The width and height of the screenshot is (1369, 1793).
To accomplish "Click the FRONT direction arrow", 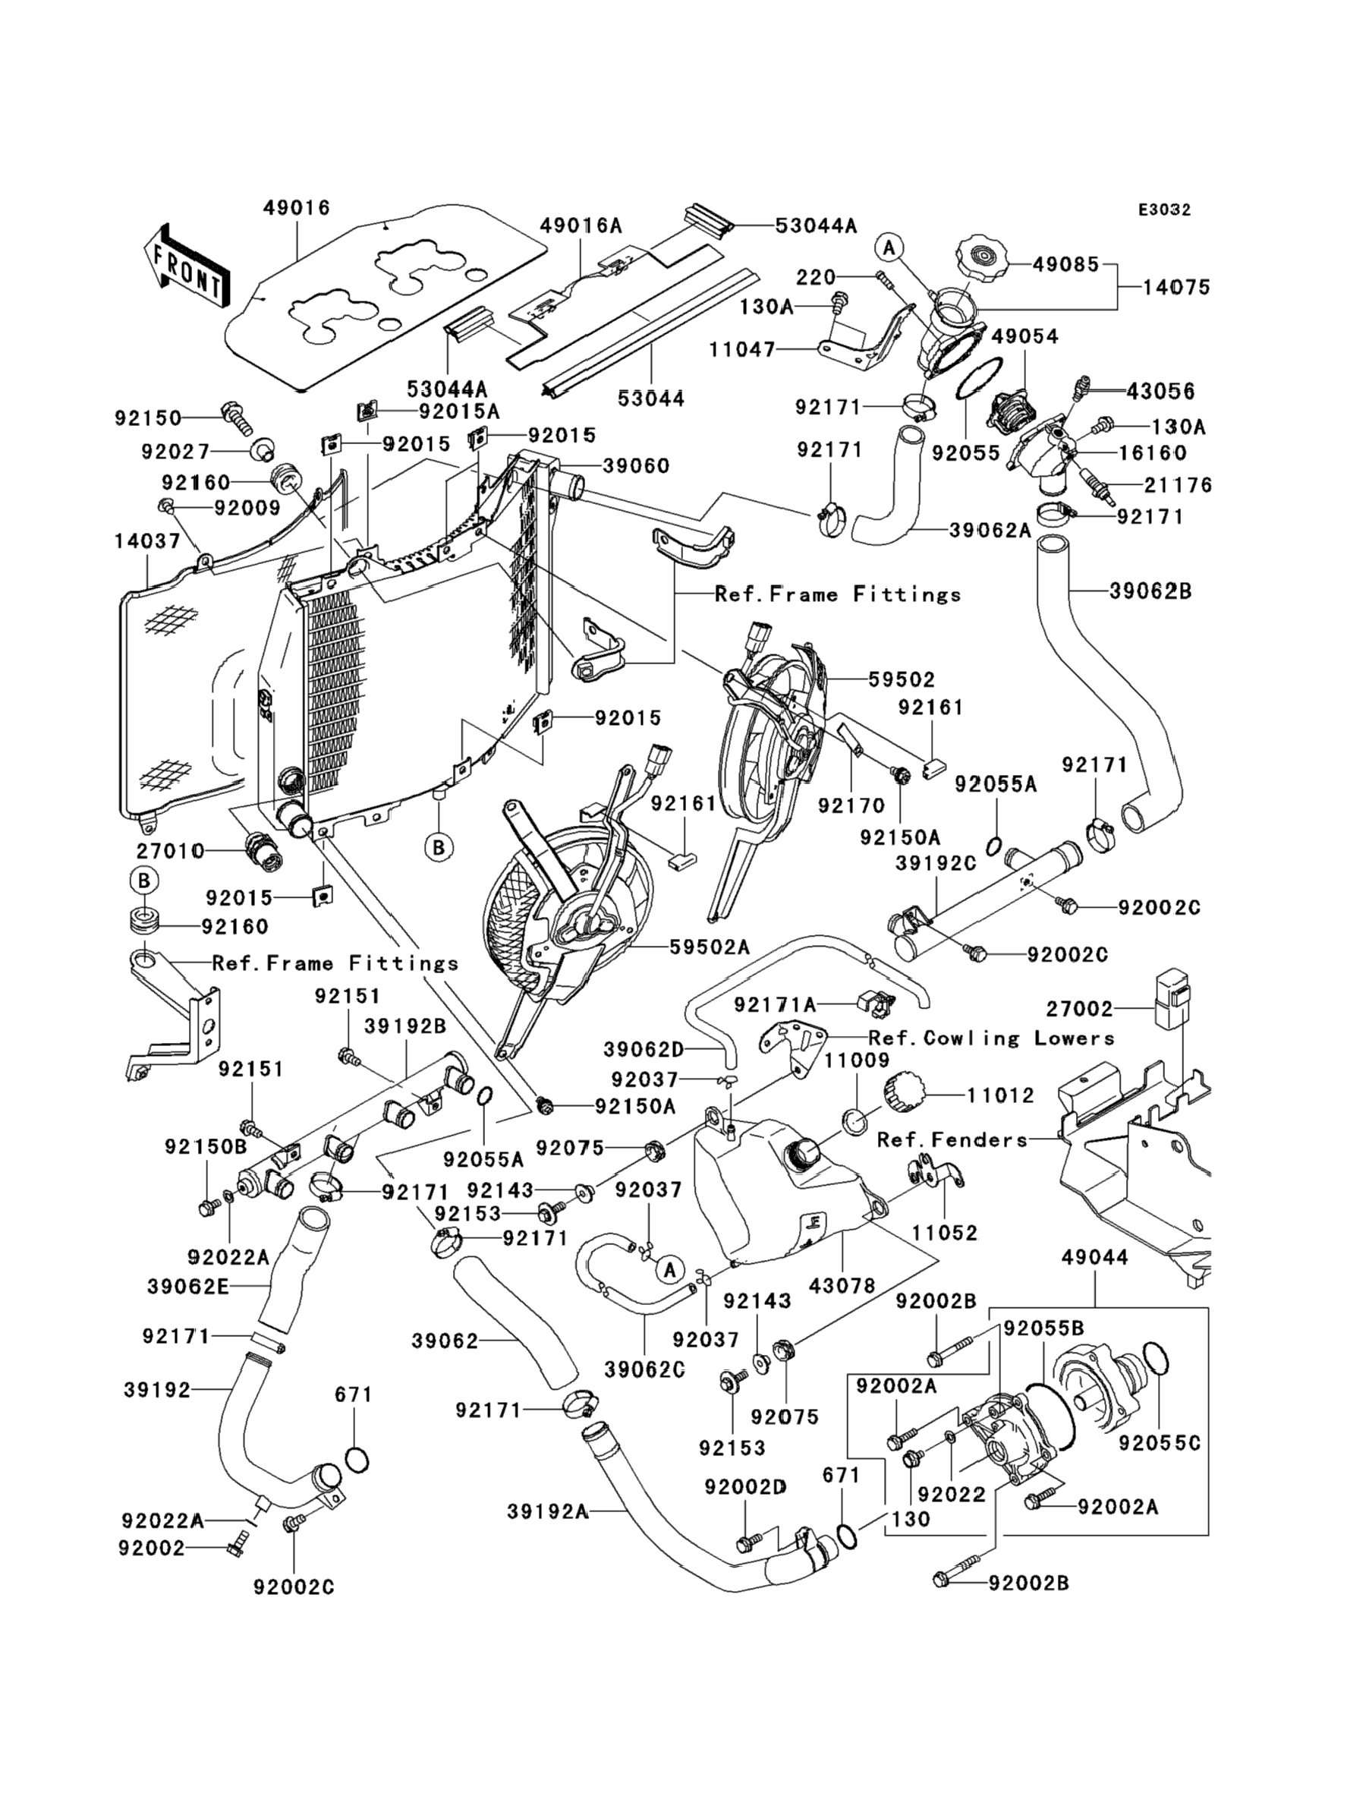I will click(x=187, y=267).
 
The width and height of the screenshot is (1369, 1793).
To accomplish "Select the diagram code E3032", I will click(x=1164, y=210).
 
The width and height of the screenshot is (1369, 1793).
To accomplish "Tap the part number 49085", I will click(x=1066, y=265).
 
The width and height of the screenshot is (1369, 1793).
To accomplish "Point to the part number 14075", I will click(x=1176, y=287).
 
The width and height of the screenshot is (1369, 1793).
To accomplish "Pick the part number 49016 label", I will click(x=297, y=209).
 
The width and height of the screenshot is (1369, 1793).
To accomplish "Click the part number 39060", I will click(x=636, y=466).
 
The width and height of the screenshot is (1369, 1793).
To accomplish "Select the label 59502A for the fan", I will click(x=709, y=947).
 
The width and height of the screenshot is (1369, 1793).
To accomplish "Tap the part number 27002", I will click(x=1080, y=1009).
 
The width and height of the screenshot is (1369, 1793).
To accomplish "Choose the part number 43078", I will click(x=842, y=1286).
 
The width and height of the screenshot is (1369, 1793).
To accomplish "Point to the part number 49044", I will click(x=1094, y=1258).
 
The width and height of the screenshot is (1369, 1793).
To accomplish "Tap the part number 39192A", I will click(x=548, y=1512).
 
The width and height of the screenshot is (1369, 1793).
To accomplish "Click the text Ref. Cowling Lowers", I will click(x=991, y=1038).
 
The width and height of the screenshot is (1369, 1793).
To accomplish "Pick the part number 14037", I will click(x=147, y=540).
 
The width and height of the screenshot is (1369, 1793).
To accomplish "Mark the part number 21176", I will click(x=1178, y=486).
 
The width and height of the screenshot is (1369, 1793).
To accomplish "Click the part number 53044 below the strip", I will click(x=650, y=399).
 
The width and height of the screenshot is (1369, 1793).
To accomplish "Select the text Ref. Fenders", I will click(x=952, y=1139).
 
